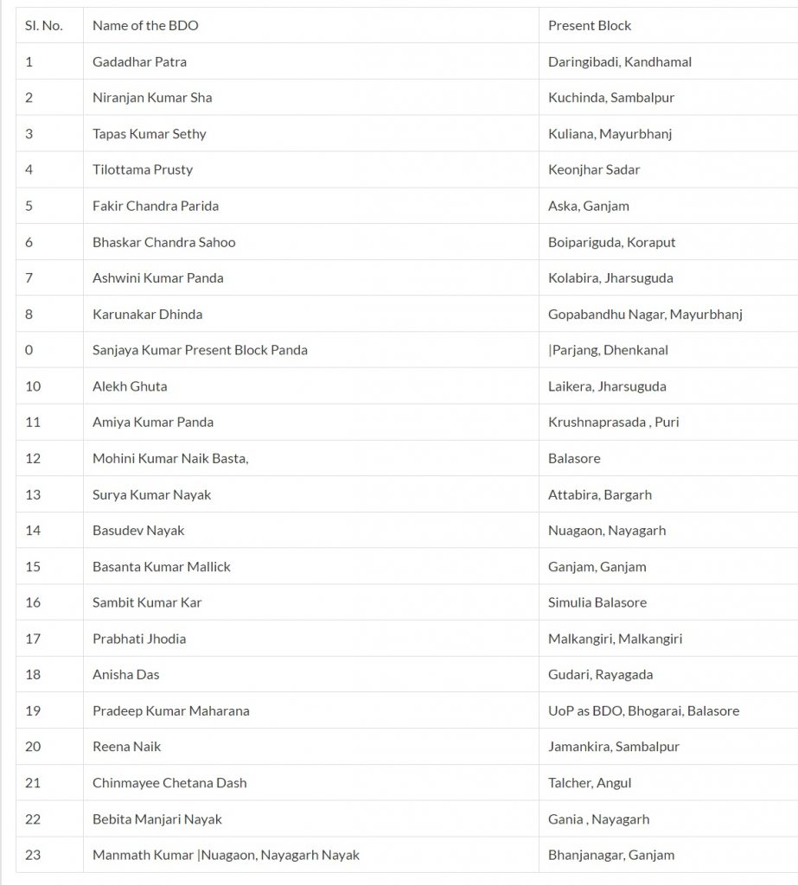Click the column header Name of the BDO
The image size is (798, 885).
pyautogui.click(x=145, y=26)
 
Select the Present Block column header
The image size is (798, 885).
pyautogui.click(x=590, y=26)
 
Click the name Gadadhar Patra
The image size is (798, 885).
pyautogui.click(x=139, y=62)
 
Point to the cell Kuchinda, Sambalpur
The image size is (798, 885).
pyautogui.click(x=610, y=98)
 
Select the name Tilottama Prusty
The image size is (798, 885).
pyautogui.click(x=143, y=170)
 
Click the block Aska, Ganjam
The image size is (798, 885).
pyautogui.click(x=588, y=206)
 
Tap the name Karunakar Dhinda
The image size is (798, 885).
pyautogui.click(x=147, y=315)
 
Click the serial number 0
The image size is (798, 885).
pyautogui.click(x=29, y=350)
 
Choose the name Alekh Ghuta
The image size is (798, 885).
pyautogui.click(x=130, y=386)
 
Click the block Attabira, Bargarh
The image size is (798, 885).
pyautogui.click(x=599, y=495)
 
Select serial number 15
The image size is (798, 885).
pyautogui.click(x=33, y=567)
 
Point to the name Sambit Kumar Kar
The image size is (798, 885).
pyautogui.click(x=147, y=602)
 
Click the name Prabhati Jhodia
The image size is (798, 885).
pyautogui.click(x=139, y=639)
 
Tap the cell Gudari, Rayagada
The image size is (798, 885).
pyautogui.click(x=600, y=675)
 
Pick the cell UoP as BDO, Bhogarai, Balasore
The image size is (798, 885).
pyautogui.click(x=643, y=711)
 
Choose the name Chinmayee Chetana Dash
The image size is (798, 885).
pyautogui.click(x=169, y=783)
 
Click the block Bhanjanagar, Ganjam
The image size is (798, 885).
pyautogui.click(x=611, y=856)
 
